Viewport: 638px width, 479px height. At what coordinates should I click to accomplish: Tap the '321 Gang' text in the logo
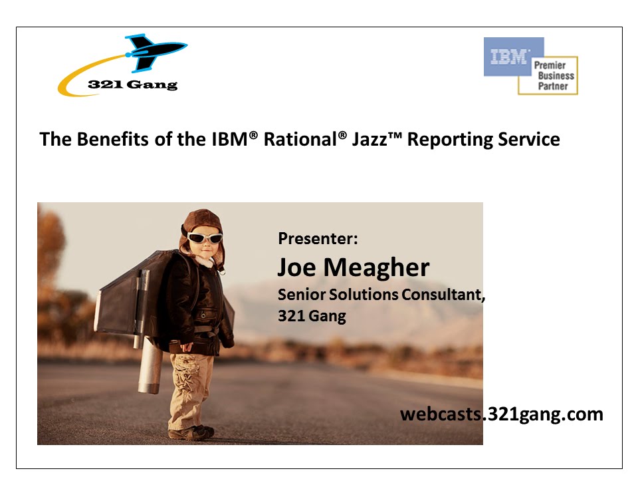(133, 84)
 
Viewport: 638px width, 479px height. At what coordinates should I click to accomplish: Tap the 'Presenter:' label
(318, 238)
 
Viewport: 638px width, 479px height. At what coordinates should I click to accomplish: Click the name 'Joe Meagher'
(353, 267)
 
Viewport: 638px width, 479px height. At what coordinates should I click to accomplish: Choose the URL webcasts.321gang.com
(501, 414)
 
